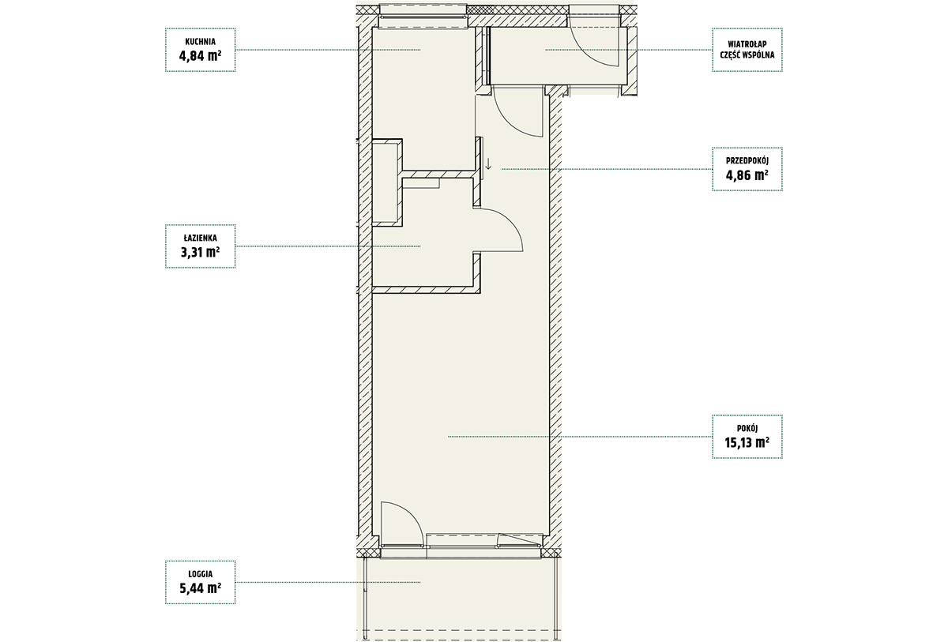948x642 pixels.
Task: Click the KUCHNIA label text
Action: point(200,42)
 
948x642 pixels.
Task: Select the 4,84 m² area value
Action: point(200,56)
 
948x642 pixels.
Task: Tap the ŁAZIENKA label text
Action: point(200,238)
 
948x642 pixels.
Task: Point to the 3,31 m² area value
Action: point(200,252)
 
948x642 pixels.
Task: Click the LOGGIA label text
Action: point(200,574)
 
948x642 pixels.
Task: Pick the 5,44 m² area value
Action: point(200,588)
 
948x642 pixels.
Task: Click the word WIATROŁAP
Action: point(747,44)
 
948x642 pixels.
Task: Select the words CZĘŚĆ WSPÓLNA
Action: point(747,55)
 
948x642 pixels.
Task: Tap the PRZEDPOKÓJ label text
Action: point(747,161)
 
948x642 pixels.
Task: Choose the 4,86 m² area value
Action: point(747,175)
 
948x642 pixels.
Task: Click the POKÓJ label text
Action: point(747,429)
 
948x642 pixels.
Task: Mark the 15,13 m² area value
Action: point(747,442)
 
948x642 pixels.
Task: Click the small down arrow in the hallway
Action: point(488,164)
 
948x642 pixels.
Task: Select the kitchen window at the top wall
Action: point(423,17)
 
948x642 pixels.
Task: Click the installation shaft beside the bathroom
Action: point(386,182)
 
